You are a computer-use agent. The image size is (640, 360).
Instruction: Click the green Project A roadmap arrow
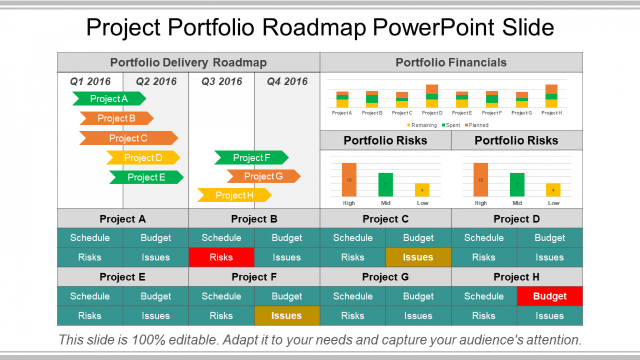pyautogui.click(x=109, y=98)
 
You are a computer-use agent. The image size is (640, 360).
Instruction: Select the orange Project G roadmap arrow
pyautogui.click(x=264, y=176)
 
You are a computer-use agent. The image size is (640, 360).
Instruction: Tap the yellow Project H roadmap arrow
pyautogui.click(x=234, y=195)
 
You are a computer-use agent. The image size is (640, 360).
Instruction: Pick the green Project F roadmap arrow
pyautogui.click(x=252, y=157)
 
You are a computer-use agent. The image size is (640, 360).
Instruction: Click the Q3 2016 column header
pyautogui.click(x=222, y=82)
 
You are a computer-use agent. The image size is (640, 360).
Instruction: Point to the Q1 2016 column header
pyautogui.click(x=91, y=82)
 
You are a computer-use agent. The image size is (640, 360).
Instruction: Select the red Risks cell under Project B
pyautogui.click(x=221, y=257)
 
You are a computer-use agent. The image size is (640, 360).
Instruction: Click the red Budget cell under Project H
pyautogui.click(x=549, y=296)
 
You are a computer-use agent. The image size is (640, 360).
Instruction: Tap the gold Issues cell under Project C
pyautogui.click(x=418, y=257)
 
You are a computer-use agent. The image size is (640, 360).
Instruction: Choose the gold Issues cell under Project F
pyautogui.click(x=287, y=316)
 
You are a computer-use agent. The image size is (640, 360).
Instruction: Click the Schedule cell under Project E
pyautogui.click(x=90, y=296)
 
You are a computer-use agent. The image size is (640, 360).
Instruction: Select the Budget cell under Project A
pyautogui.click(x=156, y=238)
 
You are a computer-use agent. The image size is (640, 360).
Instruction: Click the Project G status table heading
pyautogui.click(x=385, y=277)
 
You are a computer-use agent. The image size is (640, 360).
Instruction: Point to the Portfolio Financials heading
pyautogui.click(x=451, y=63)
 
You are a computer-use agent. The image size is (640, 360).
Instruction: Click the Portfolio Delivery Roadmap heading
pyautogui.click(x=188, y=63)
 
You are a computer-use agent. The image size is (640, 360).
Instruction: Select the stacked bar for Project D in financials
pyautogui.click(x=432, y=96)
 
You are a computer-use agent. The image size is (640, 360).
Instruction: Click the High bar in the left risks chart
pyautogui.click(x=349, y=180)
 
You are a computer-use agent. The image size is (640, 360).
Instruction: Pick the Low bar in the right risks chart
pyautogui.click(x=553, y=189)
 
